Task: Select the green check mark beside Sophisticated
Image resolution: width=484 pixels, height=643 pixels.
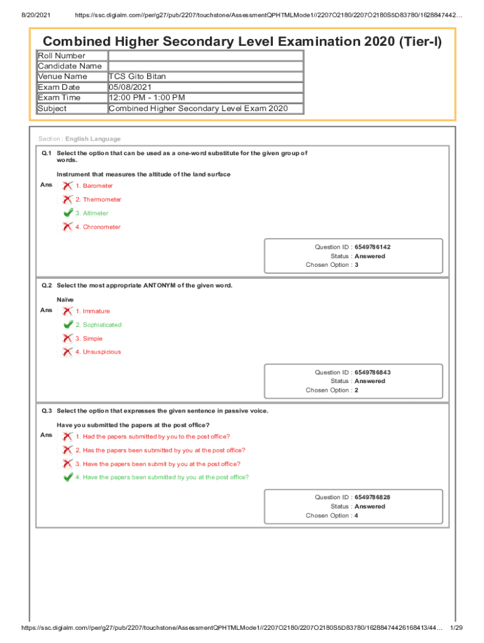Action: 68,325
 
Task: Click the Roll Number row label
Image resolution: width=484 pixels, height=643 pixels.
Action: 62,56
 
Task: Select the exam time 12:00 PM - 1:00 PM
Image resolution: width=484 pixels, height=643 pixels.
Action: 147,98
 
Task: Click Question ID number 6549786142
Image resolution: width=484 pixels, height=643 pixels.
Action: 377,247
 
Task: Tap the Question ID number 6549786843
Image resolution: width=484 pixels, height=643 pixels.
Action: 377,372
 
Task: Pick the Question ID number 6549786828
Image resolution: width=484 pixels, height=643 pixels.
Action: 377,497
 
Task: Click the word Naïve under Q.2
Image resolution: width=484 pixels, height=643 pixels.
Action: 65,300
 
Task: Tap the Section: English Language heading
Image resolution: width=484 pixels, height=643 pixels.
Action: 79,139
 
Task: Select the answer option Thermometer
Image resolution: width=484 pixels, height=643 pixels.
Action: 98,200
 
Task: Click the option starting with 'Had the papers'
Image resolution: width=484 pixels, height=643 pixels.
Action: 153,436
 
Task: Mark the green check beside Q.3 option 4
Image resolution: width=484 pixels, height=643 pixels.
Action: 68,477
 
